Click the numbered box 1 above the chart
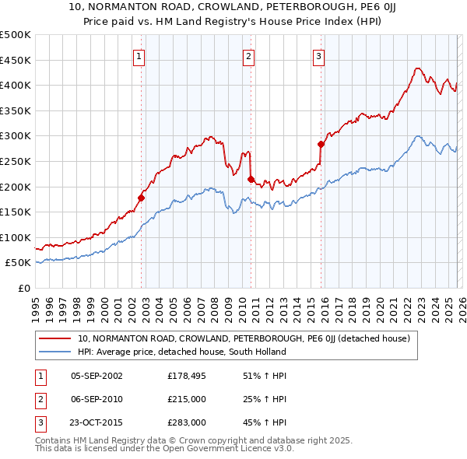pyautogui.click(x=139, y=55)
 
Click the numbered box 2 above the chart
pyautogui.click(x=248, y=55)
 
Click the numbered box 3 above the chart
pyautogui.click(x=319, y=55)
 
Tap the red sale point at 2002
pyautogui.click(x=141, y=198)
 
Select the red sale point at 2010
pyautogui.click(x=251, y=179)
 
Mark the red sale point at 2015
pyautogui.click(x=321, y=144)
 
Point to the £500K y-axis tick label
pyautogui.click(x=15, y=35)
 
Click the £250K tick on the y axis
pyautogui.click(x=15, y=161)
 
